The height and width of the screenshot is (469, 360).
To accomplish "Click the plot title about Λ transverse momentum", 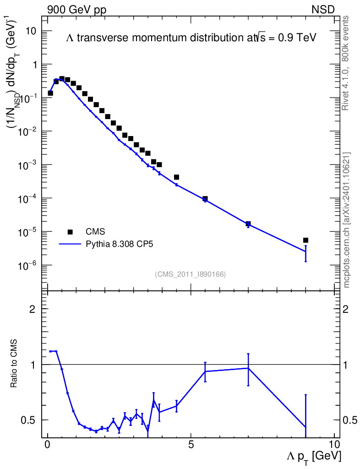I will click(x=191, y=38).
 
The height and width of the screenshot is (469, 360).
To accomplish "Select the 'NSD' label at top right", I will click(x=323, y=10).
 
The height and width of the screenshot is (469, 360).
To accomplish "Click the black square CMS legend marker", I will click(x=70, y=231).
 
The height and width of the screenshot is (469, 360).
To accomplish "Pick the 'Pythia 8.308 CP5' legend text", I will click(x=119, y=244).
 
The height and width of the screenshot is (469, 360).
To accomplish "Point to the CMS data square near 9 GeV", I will click(x=305, y=240).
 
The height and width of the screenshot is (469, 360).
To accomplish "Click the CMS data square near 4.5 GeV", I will click(x=176, y=177).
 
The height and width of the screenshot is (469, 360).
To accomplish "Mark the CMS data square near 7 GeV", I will click(x=248, y=224).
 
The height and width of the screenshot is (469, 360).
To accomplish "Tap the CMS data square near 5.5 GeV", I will click(x=205, y=199).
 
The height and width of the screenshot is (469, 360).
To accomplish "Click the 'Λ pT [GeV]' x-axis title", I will click(x=314, y=457).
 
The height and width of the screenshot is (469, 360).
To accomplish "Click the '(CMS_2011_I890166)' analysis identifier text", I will click(x=190, y=274).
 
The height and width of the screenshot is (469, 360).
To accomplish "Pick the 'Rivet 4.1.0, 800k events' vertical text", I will click(x=346, y=63).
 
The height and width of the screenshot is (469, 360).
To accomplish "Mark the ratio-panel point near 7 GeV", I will click(x=248, y=368).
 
